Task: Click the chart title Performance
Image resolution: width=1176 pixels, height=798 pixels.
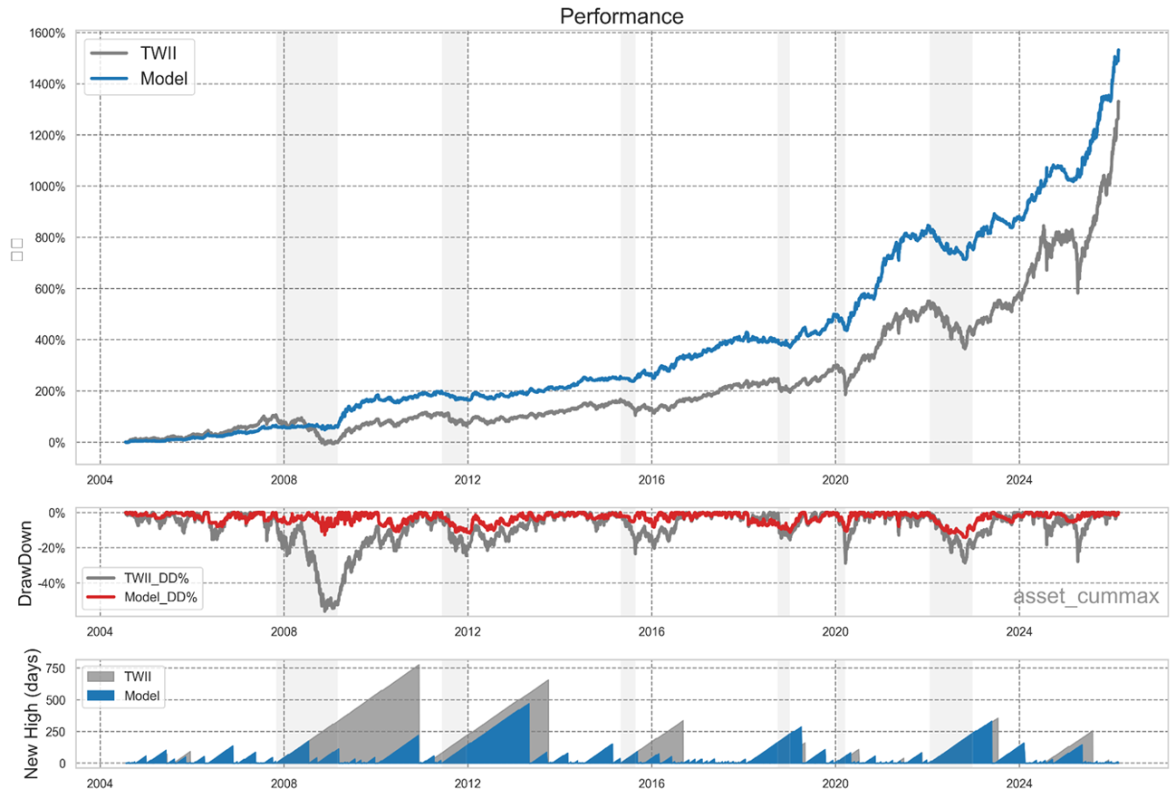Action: [621, 16]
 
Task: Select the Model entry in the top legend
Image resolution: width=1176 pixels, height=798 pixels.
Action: [164, 79]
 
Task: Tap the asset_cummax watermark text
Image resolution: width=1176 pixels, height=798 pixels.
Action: [1085, 596]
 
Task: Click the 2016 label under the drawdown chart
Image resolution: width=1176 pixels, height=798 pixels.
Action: [651, 631]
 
